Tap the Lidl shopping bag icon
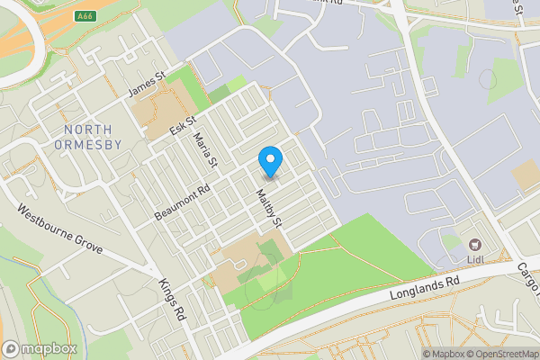point(472,244)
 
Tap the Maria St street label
point(208,149)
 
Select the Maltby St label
point(269,207)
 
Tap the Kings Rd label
point(171,299)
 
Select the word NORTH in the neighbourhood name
point(87,130)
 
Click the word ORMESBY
point(87,144)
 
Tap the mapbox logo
point(40,348)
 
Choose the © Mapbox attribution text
point(446,353)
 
